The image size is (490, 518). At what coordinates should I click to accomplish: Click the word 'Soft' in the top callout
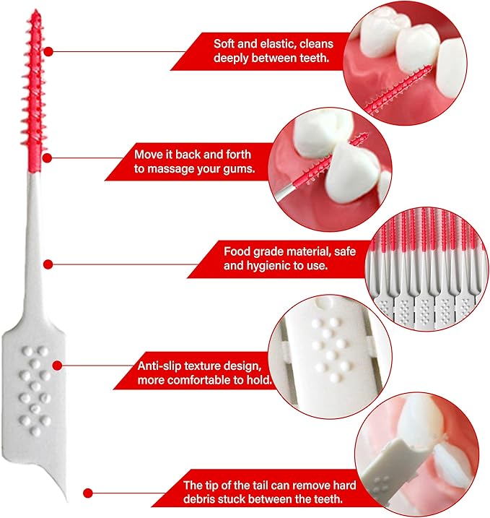point(224,44)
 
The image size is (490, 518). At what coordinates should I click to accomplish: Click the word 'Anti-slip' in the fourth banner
point(158,366)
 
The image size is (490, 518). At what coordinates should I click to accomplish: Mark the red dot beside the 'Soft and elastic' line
point(48,51)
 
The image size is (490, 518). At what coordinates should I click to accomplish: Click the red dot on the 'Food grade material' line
point(48,264)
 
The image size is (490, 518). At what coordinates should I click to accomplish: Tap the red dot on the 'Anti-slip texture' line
point(58,366)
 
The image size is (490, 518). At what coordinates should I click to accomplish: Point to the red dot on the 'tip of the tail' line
point(88,493)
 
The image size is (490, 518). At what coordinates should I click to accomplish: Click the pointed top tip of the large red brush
point(35,11)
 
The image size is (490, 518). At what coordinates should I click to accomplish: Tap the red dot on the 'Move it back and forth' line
point(47,158)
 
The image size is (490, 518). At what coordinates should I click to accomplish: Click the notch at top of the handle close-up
point(323,303)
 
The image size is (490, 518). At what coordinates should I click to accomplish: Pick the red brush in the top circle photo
point(398,89)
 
